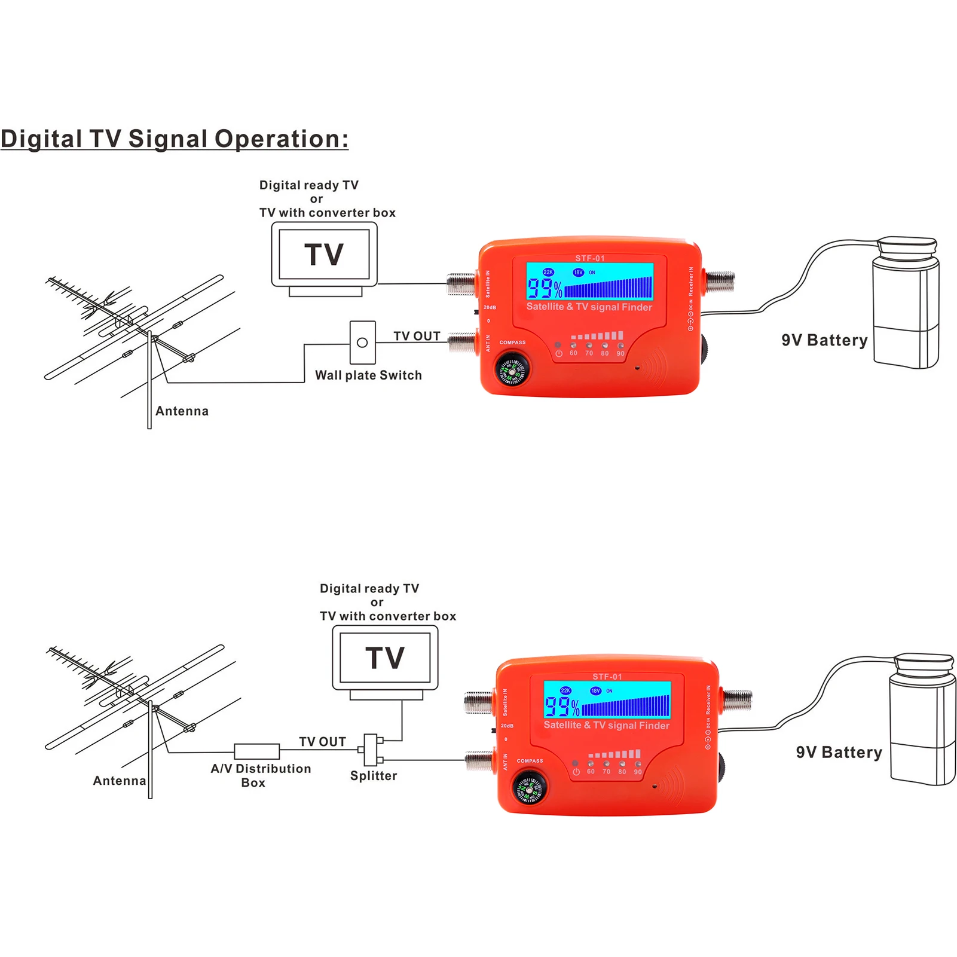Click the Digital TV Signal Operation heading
(x=174, y=139)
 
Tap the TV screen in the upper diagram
(x=324, y=254)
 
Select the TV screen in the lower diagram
(x=385, y=658)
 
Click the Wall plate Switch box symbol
(x=362, y=343)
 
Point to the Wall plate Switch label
(x=368, y=375)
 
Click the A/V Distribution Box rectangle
(x=256, y=751)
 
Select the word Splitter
(x=374, y=776)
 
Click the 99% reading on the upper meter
(x=545, y=289)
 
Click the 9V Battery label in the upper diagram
(x=824, y=340)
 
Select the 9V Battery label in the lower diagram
(x=839, y=753)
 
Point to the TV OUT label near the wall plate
(x=417, y=337)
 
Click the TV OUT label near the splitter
(x=322, y=742)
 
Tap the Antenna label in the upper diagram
(x=182, y=411)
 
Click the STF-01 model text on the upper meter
(x=590, y=258)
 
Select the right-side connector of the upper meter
(x=720, y=280)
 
